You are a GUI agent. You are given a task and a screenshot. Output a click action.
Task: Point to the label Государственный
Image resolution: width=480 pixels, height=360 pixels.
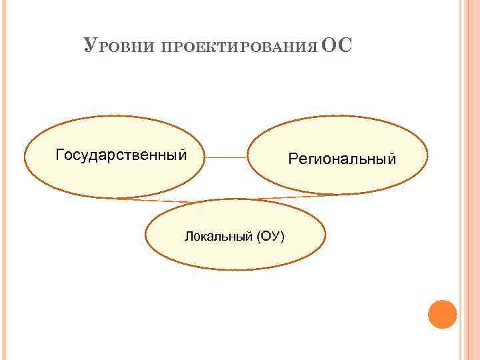pyautogui.click(x=121, y=155)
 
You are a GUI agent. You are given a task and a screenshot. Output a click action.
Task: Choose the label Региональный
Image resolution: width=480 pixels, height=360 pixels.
pyautogui.click(x=342, y=159)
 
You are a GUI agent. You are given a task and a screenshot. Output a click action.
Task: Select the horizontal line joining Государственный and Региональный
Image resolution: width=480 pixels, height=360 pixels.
pyautogui.click(x=226, y=158)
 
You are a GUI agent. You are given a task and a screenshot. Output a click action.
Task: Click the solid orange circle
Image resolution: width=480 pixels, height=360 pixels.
pyautogui.click(x=442, y=314)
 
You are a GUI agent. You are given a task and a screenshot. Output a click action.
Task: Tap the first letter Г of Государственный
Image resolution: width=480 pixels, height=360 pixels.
pyautogui.click(x=60, y=155)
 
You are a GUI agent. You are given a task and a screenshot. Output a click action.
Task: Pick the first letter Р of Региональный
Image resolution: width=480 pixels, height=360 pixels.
pyautogui.click(x=291, y=159)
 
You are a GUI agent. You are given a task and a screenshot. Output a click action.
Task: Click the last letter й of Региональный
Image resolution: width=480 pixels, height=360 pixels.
pyautogui.click(x=392, y=159)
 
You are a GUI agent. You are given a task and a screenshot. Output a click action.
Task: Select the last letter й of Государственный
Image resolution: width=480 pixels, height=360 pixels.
pyautogui.click(x=181, y=155)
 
